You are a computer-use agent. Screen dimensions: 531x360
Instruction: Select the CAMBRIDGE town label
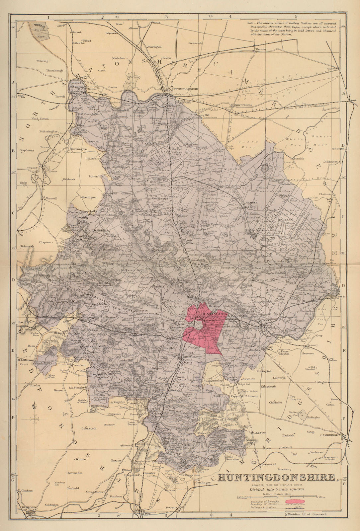(329, 435)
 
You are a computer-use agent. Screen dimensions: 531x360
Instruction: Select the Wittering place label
(43, 61)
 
